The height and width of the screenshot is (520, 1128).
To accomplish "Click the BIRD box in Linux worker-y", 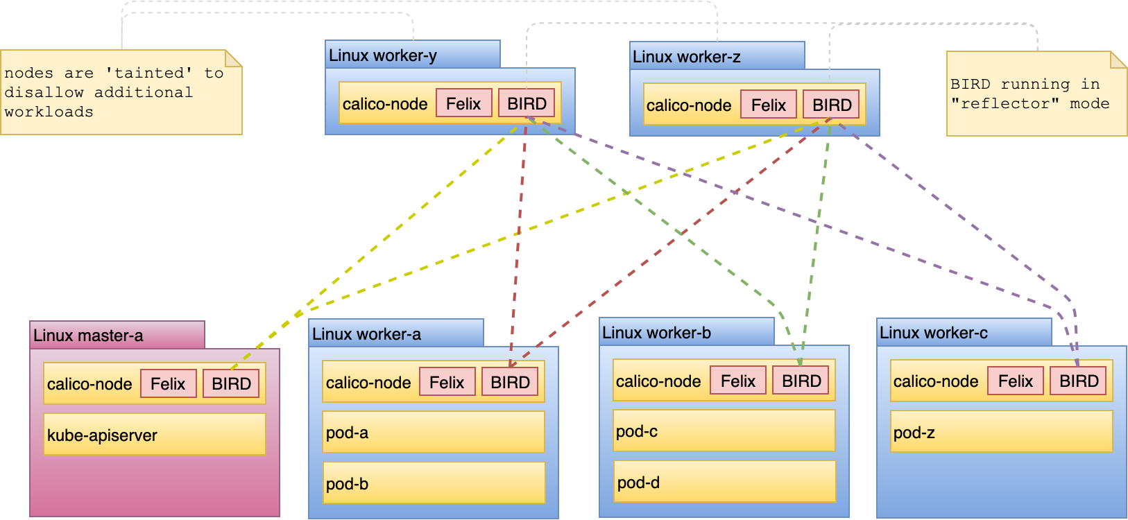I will pyautogui.click(x=527, y=103).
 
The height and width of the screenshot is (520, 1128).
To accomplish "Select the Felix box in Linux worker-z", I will pyautogui.click(x=769, y=105).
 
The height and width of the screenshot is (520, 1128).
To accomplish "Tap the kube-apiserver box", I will pyautogui.click(x=154, y=435).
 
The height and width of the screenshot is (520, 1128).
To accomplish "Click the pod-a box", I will pyautogui.click(x=433, y=432).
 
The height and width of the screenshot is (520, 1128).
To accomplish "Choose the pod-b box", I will pyautogui.click(x=433, y=483).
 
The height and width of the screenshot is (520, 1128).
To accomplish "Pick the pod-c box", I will pyautogui.click(x=724, y=431).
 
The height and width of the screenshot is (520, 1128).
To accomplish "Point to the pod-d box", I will pyautogui.click(x=724, y=482).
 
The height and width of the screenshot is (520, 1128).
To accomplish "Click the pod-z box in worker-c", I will pyautogui.click(x=1001, y=432).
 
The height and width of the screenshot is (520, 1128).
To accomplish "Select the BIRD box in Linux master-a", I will pyautogui.click(x=231, y=383).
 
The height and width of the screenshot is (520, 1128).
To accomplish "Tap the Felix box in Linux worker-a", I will pyautogui.click(x=447, y=382).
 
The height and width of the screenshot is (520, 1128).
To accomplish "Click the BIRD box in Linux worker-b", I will pyautogui.click(x=801, y=381).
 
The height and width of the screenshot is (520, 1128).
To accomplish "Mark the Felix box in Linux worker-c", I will pyautogui.click(x=1015, y=381).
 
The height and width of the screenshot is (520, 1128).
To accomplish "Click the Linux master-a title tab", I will pyautogui.click(x=117, y=335).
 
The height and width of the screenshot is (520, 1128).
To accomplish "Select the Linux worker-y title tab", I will pyautogui.click(x=412, y=55).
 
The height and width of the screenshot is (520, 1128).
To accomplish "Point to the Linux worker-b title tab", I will pyautogui.click(x=685, y=332).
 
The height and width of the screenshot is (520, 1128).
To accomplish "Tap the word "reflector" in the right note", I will pyautogui.click(x=1005, y=103).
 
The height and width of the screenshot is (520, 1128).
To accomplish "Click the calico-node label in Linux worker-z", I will pyautogui.click(x=688, y=105).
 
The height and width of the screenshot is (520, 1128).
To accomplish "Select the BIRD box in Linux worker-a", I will pyautogui.click(x=510, y=382).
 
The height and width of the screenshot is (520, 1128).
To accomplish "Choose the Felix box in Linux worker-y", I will pyautogui.click(x=463, y=103).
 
